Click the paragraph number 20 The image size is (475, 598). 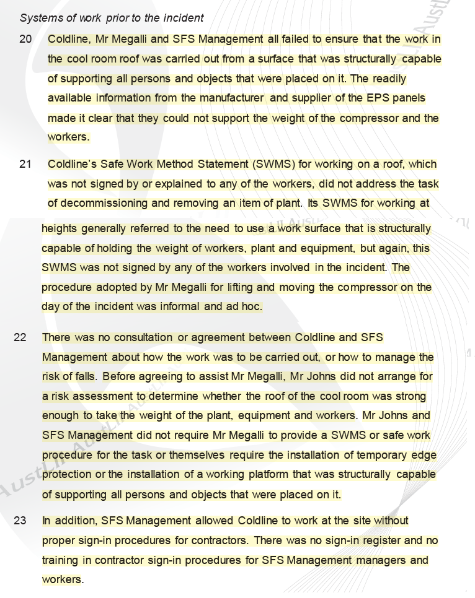(25, 40)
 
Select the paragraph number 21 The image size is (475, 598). (25, 165)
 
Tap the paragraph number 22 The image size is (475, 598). (20, 338)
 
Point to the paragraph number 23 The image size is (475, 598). (20, 521)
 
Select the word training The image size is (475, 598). (61, 561)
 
